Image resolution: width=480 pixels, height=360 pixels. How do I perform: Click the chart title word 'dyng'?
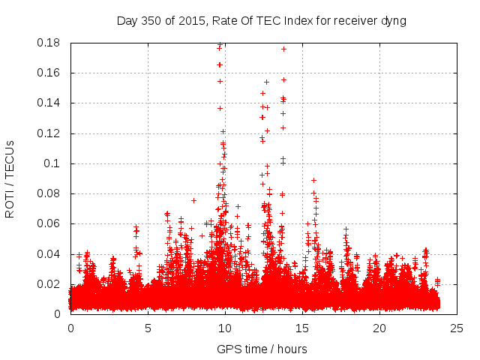tap(393, 21)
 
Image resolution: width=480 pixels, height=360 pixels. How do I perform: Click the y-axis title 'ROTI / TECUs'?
tap(10, 178)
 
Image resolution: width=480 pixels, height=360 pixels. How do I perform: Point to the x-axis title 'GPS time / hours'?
tap(261, 349)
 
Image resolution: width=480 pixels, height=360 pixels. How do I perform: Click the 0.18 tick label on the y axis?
tap(50, 43)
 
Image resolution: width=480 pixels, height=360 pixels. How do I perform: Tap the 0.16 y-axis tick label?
tap(50, 73)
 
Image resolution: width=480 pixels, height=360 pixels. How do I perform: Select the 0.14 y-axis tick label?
tap(50, 103)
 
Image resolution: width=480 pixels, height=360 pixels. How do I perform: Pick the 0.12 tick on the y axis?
tap(50, 133)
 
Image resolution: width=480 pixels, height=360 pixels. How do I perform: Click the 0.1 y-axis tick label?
tap(54, 163)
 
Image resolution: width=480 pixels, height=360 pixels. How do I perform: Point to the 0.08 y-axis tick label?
tap(50, 193)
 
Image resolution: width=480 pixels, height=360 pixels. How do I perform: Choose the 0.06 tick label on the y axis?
tap(50, 223)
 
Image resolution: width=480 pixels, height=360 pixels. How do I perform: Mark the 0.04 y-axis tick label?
tap(50, 254)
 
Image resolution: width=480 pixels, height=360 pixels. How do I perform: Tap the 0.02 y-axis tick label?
tap(50, 284)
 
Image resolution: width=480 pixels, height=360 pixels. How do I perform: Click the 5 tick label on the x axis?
tap(148, 328)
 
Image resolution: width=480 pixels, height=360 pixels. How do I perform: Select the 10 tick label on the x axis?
tap(225, 328)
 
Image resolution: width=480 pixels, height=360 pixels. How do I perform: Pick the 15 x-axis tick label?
tap(302, 328)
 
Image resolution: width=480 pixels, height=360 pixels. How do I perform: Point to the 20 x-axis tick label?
tap(379, 328)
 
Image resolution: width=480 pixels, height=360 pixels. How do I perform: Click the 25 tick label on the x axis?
tap(457, 328)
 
